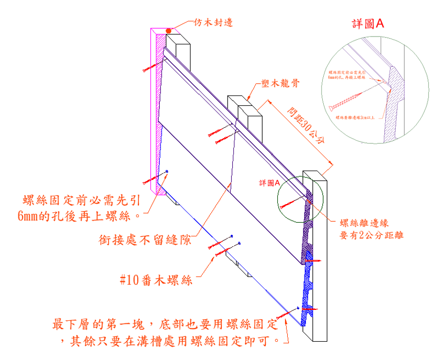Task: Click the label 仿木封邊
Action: [x=214, y=23]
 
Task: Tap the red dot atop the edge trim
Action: [x=169, y=31]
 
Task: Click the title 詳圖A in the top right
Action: [x=368, y=23]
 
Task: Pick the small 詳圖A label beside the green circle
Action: [x=269, y=183]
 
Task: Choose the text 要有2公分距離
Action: [x=372, y=235]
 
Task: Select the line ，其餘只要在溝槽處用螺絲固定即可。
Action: [x=175, y=341]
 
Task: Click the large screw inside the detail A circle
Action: [x=347, y=100]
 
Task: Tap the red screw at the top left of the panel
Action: [x=149, y=67]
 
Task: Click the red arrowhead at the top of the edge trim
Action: [x=178, y=27]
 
